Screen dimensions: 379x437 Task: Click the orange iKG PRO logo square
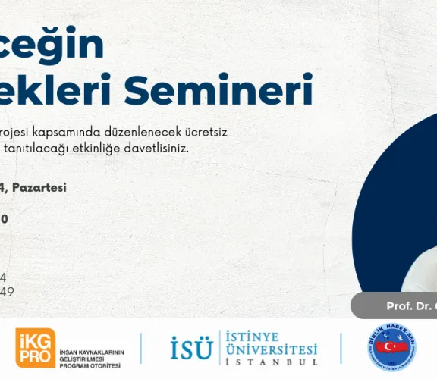coord(34,347)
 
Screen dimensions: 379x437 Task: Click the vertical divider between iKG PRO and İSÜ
coord(142,347)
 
